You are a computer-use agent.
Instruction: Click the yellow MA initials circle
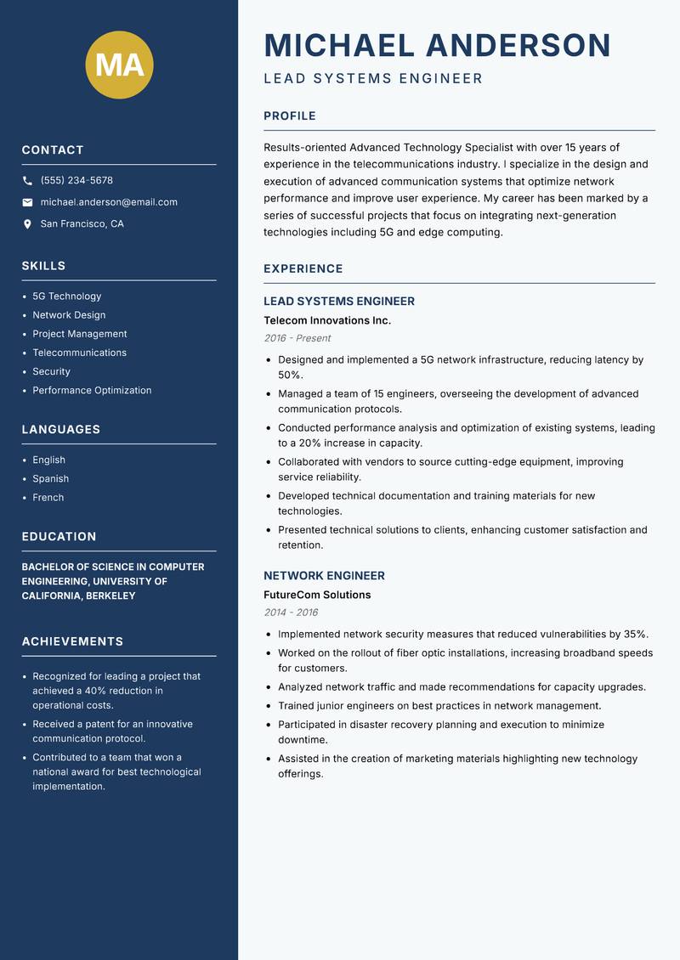tap(119, 65)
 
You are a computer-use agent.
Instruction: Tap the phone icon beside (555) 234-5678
tap(27, 181)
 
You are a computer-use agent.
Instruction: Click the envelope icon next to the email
tap(27, 202)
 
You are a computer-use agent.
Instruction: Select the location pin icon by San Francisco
tap(27, 224)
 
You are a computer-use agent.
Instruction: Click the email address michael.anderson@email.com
tap(109, 202)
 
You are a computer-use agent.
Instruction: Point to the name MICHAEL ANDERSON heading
tap(437, 45)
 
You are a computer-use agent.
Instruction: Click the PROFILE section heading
tap(289, 116)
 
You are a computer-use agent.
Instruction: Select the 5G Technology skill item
tap(66, 296)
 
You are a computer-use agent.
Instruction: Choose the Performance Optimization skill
tap(92, 391)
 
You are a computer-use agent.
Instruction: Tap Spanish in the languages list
tap(50, 479)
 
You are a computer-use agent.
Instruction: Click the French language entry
tap(48, 498)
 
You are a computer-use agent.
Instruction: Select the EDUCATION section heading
tap(59, 537)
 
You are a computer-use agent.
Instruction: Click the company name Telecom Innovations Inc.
tap(327, 320)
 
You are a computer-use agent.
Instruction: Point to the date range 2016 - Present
tap(297, 338)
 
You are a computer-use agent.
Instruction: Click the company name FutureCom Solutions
tap(317, 595)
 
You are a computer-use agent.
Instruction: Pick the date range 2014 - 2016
tap(291, 613)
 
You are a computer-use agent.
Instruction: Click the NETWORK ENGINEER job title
tap(324, 575)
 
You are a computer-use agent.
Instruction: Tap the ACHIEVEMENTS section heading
tap(72, 641)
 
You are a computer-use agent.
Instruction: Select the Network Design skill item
tap(69, 315)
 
